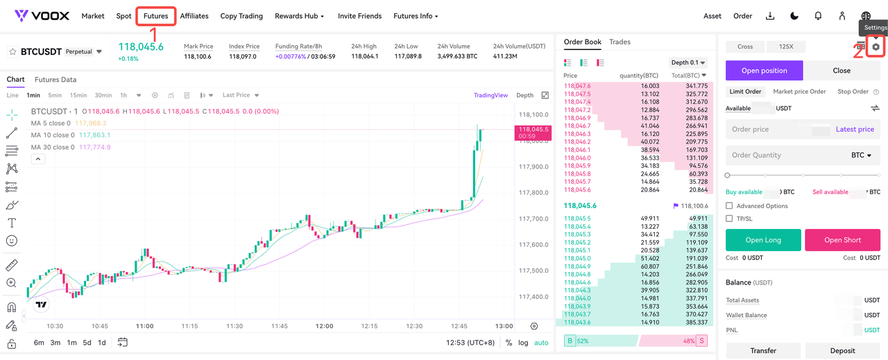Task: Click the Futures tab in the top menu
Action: [x=156, y=16]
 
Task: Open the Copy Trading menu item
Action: [x=241, y=16]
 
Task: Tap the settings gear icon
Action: [x=876, y=47]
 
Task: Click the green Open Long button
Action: [x=763, y=240]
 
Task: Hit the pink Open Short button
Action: [x=842, y=240]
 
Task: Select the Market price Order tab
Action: [x=799, y=92]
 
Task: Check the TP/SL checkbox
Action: [x=729, y=218]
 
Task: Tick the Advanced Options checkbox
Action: [x=729, y=206]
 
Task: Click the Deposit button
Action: [x=842, y=350]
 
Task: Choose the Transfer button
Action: [x=763, y=350]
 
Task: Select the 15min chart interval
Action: [x=78, y=95]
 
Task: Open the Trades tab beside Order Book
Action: [x=620, y=42]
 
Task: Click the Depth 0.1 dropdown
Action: [x=688, y=62]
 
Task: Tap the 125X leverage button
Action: [x=786, y=46]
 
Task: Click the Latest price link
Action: [x=855, y=129]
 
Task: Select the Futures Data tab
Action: [x=55, y=80]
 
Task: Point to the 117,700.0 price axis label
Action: [x=533, y=219]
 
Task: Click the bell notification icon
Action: [x=818, y=16]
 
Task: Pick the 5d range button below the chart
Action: [x=87, y=343]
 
